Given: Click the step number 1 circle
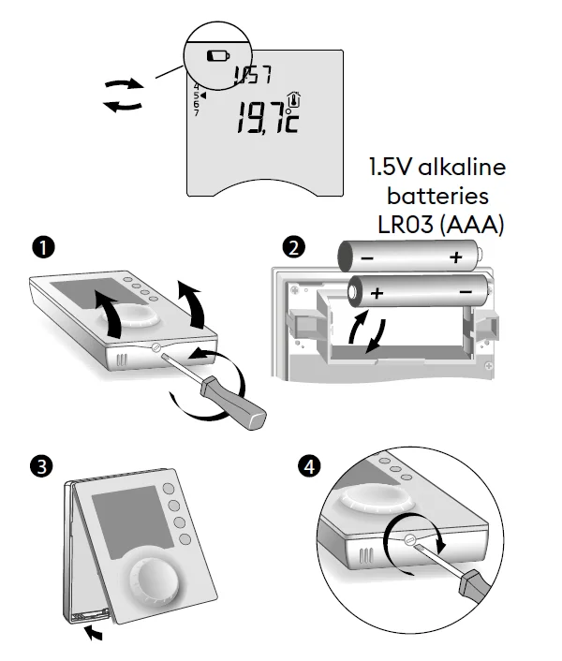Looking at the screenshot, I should click(40, 247).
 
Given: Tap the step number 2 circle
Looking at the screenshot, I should click(295, 247).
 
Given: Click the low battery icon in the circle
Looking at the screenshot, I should click(216, 55).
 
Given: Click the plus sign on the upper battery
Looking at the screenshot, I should click(456, 257).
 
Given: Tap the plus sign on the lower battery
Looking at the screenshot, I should click(378, 293).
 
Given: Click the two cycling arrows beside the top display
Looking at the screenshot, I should click(125, 95).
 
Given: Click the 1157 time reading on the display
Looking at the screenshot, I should click(247, 76).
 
